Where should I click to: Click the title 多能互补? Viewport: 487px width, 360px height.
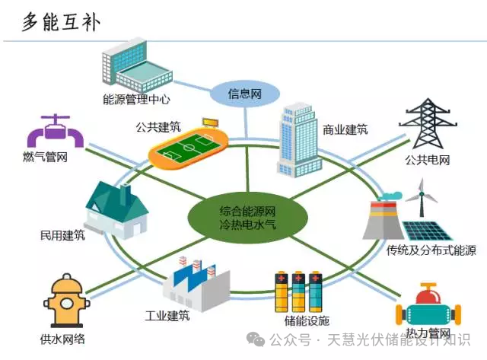(61, 23)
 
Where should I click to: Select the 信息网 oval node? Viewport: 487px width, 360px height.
(245, 95)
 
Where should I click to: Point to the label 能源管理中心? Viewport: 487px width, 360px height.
(136, 100)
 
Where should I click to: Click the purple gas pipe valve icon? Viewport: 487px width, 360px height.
(55, 132)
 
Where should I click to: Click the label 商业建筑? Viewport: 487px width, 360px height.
(345, 129)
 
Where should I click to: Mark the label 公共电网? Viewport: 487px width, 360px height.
(428, 161)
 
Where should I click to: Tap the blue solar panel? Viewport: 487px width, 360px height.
(428, 228)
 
